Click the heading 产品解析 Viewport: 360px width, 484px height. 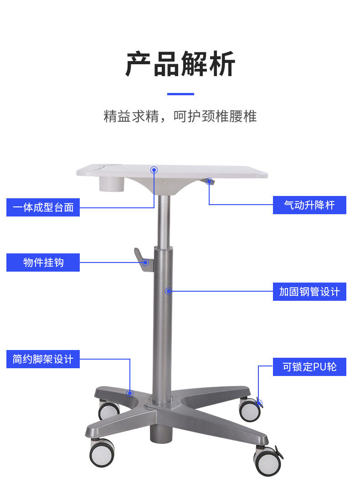(180, 64)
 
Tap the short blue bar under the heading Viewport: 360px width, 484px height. (180, 94)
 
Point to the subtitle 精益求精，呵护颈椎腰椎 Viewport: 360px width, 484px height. (180, 116)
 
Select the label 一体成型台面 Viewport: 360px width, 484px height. (43, 207)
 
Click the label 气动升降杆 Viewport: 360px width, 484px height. (309, 205)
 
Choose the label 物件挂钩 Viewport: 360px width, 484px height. (43, 263)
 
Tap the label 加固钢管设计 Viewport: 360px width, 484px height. (309, 291)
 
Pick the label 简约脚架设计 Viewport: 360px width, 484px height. (43, 359)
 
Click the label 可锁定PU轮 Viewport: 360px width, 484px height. (309, 367)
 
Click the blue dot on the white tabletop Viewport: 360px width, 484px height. (154, 170)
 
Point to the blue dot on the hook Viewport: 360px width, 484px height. (146, 263)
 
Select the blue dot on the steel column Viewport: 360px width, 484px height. (169, 291)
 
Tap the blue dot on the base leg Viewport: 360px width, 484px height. (130, 392)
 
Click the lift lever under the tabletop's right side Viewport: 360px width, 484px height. (210, 181)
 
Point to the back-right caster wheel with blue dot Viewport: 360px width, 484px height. (250, 409)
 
